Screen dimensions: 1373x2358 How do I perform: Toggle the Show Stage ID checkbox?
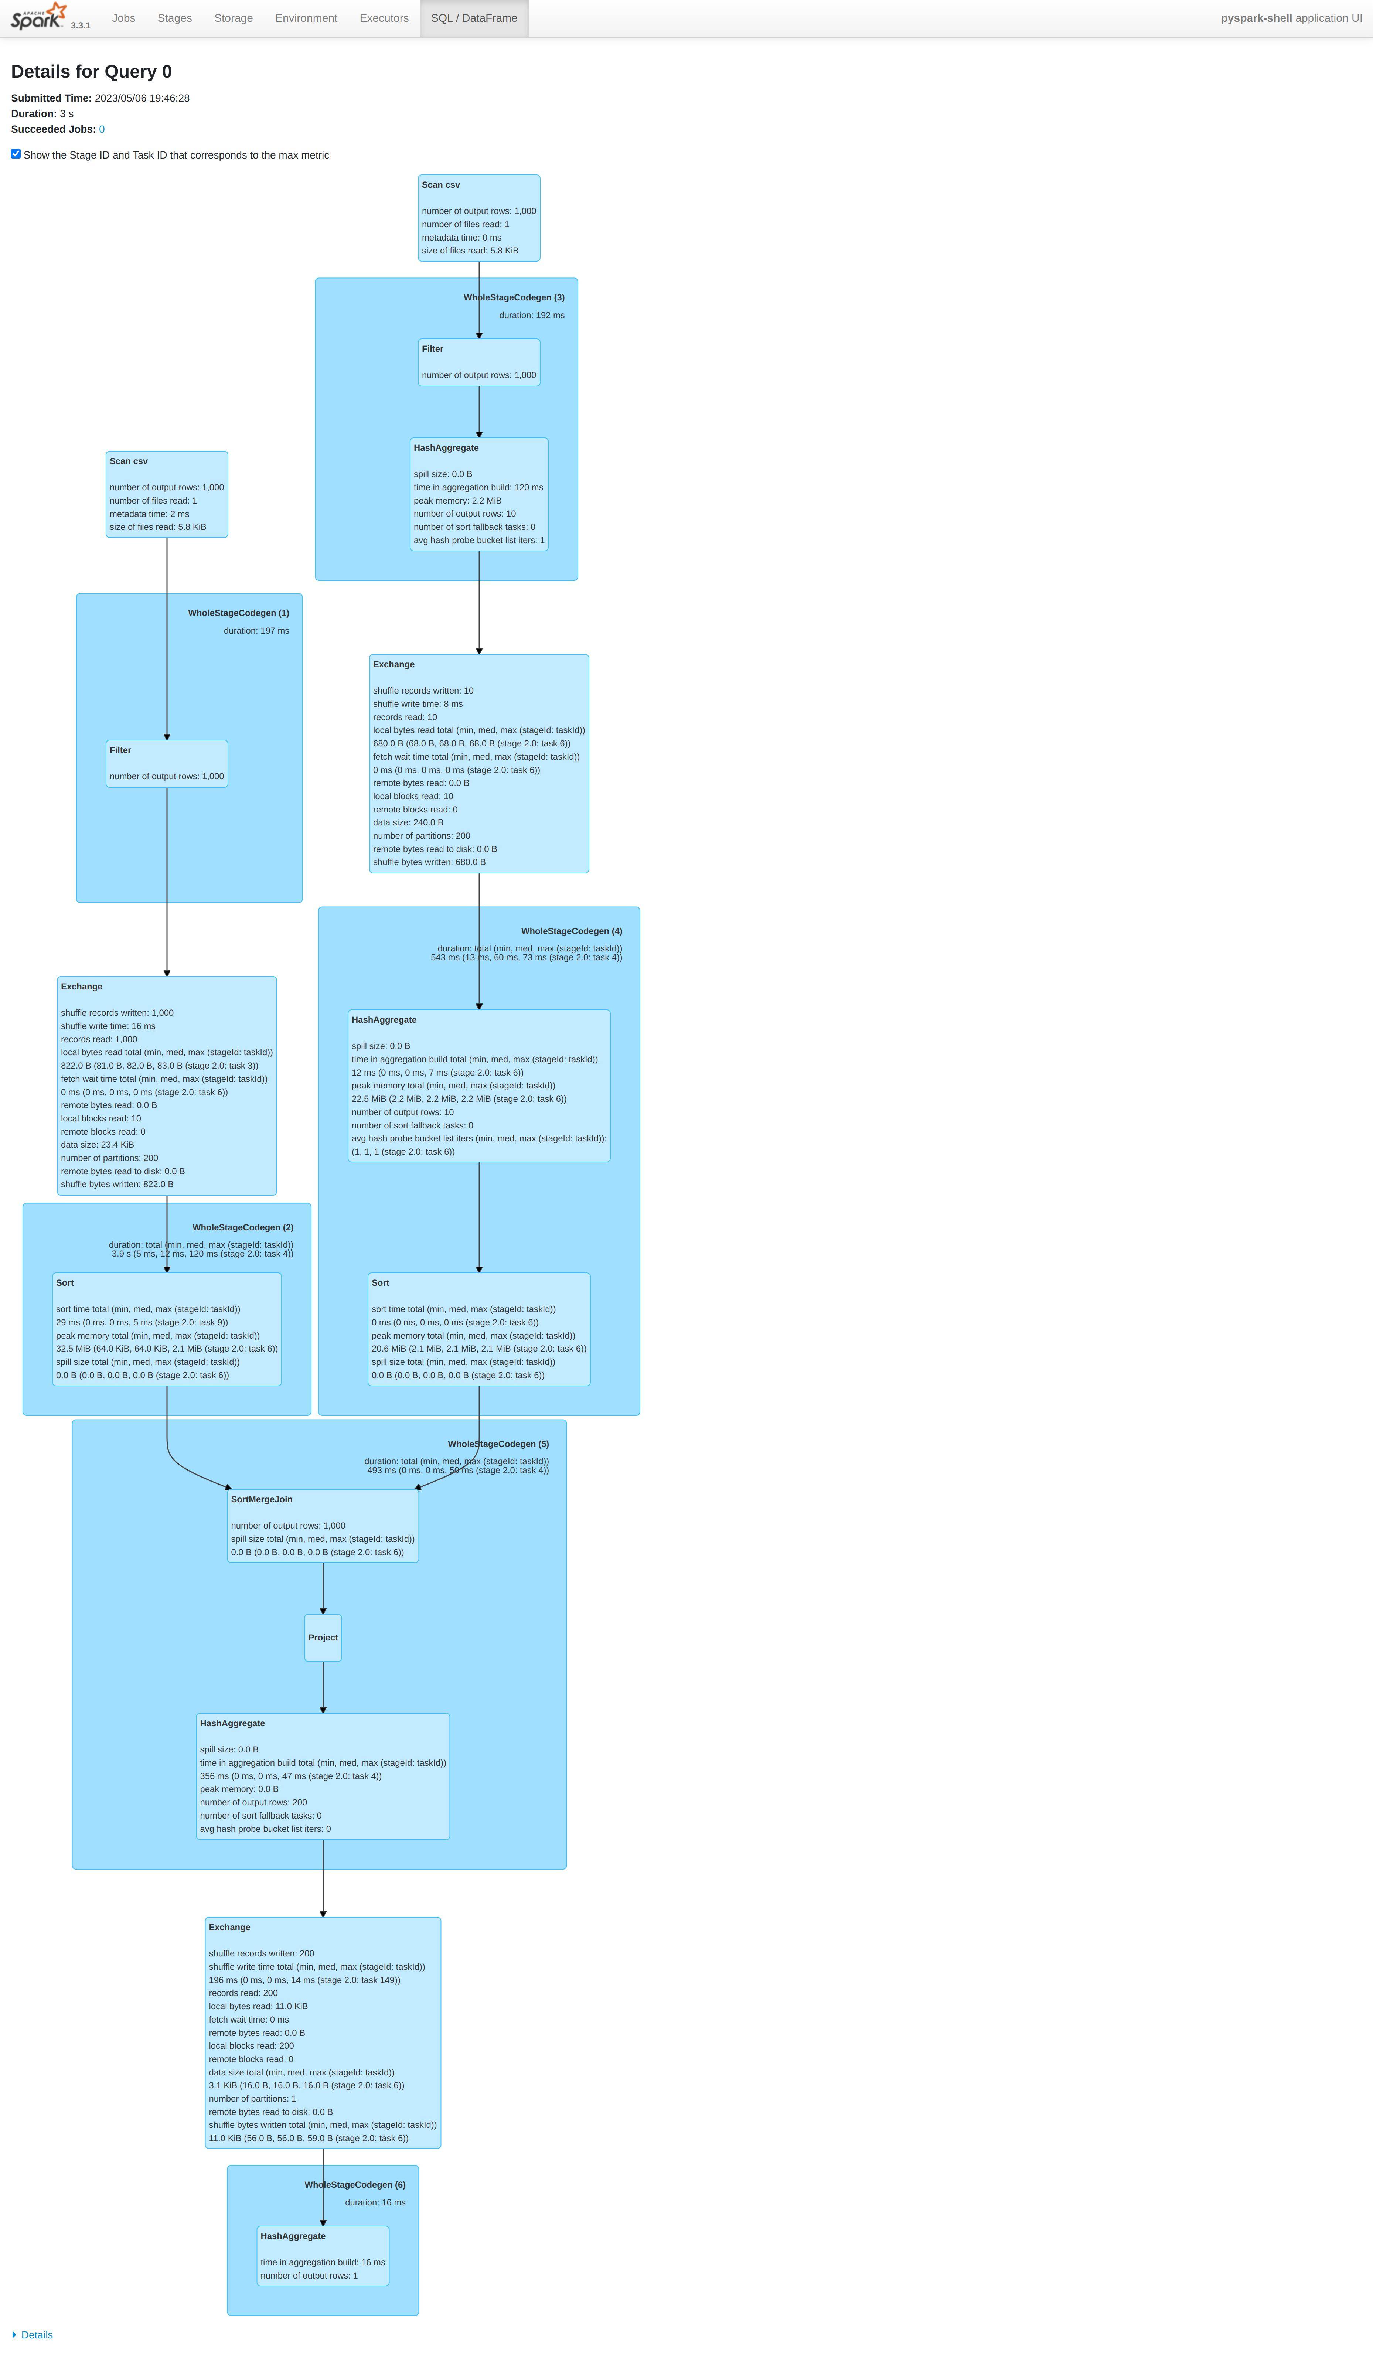click(16, 153)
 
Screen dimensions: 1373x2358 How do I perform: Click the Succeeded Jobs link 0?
click(102, 129)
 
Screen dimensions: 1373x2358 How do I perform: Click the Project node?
click(323, 1638)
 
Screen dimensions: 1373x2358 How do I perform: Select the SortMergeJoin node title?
click(261, 1499)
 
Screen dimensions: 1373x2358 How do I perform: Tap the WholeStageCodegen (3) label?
click(514, 297)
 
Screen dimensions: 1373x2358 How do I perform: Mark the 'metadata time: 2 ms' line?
click(149, 514)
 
